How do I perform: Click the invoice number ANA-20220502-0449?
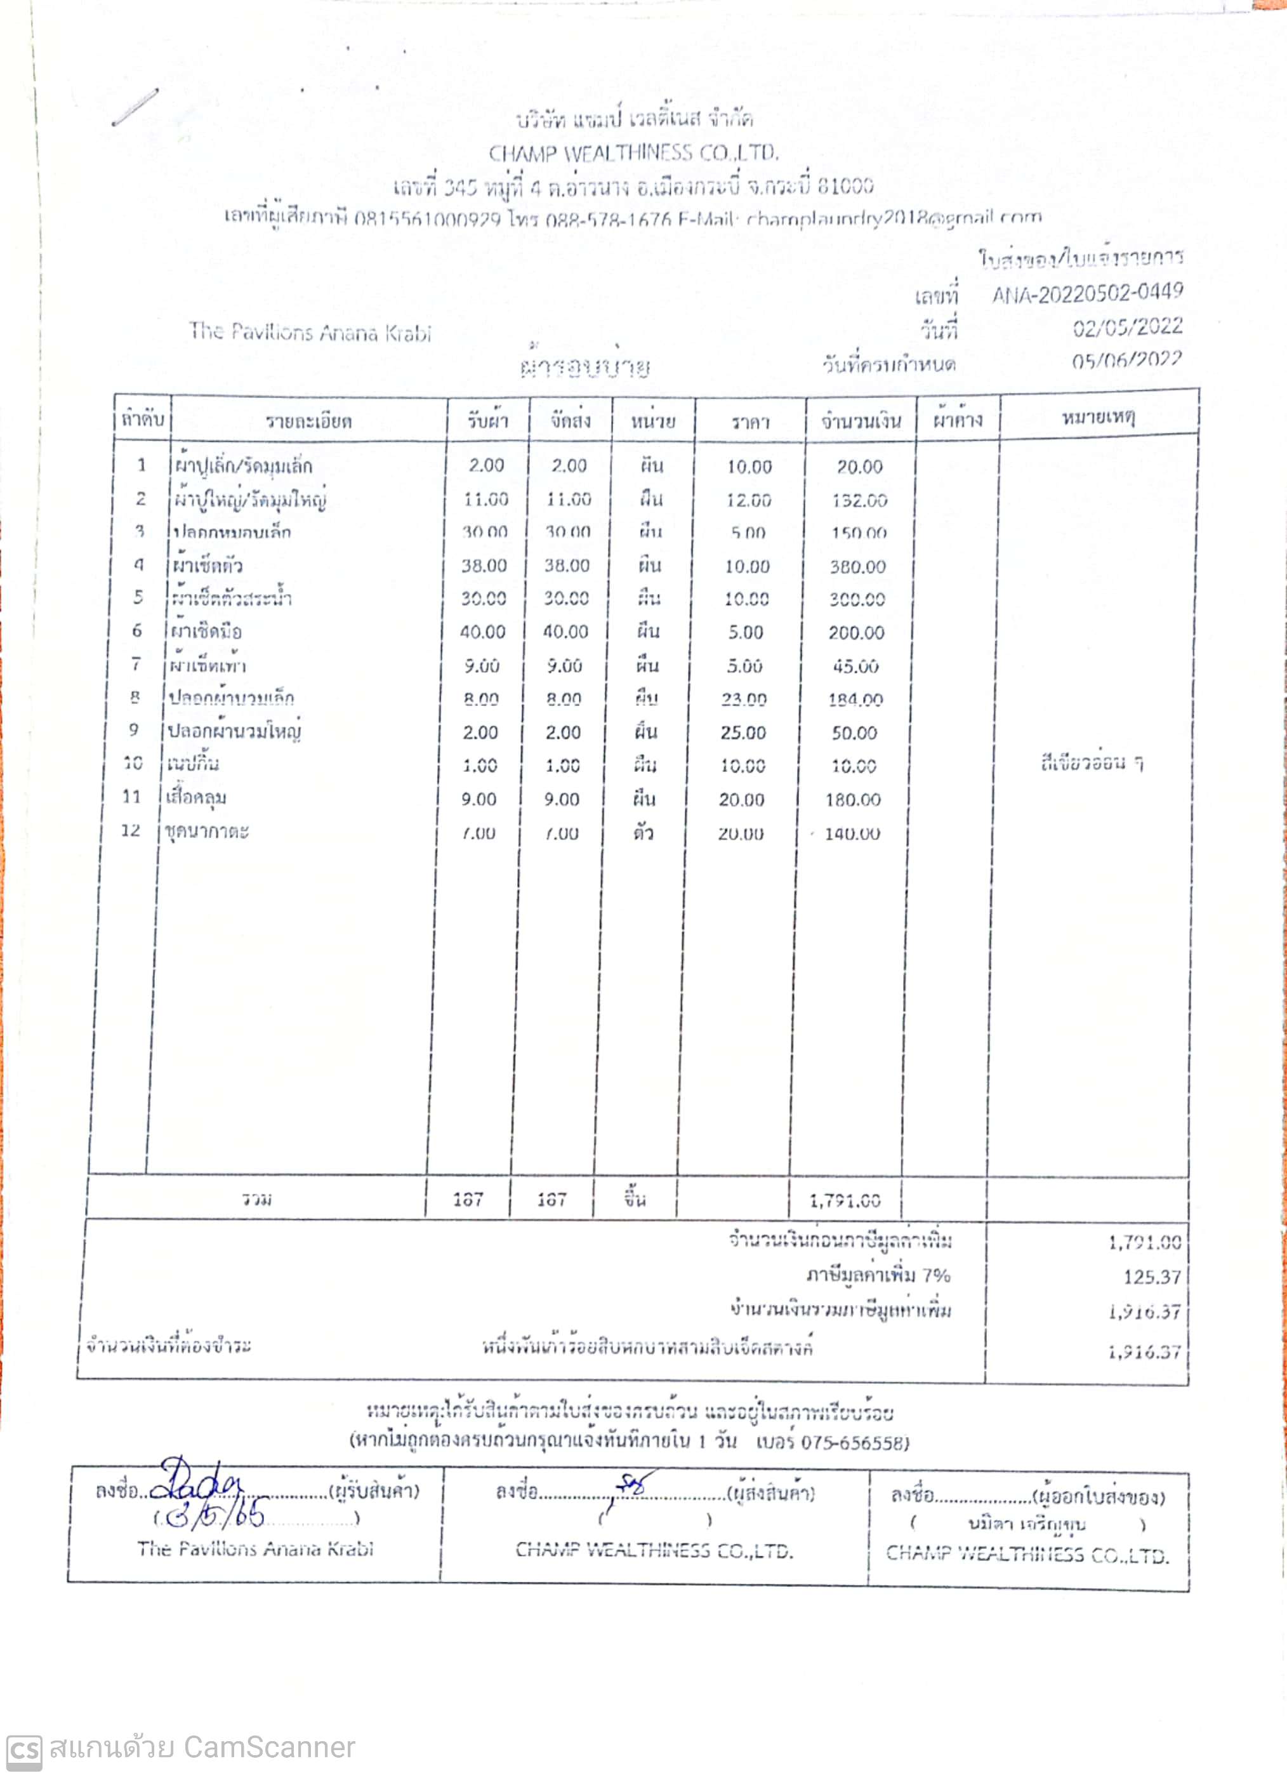[x=1087, y=294]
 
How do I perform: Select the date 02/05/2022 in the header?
[x=1127, y=328]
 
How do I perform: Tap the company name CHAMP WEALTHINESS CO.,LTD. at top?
[x=633, y=153]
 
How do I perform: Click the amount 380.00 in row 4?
[x=857, y=567]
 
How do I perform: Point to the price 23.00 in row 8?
[x=744, y=698]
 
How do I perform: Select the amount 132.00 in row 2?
[x=859, y=500]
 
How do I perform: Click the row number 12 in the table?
[x=130, y=830]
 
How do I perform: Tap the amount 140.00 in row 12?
[x=852, y=833]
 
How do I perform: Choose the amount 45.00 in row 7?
[x=855, y=667]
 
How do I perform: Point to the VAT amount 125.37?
[x=1151, y=1277]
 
